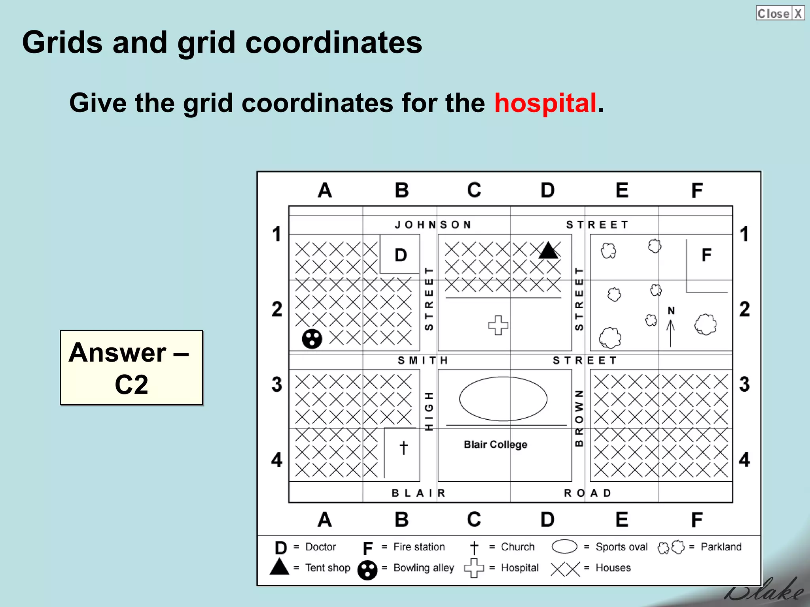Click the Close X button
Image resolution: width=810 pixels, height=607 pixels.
click(x=780, y=13)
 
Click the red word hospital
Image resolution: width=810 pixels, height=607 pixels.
click(x=545, y=103)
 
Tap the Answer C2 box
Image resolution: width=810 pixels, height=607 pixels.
click(x=131, y=368)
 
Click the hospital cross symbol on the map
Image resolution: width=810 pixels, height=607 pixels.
click(x=498, y=325)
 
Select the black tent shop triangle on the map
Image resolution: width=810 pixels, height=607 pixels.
click(x=548, y=251)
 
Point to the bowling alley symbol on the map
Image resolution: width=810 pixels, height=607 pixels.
click(x=312, y=339)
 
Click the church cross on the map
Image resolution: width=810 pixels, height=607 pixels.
click(x=403, y=448)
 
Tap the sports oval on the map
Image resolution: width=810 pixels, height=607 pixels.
click(x=503, y=399)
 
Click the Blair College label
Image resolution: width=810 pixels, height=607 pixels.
click(x=495, y=445)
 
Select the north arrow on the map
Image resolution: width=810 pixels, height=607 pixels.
click(x=670, y=328)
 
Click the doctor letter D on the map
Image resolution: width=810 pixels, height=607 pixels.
click(x=401, y=255)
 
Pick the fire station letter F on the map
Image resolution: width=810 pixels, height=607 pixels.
click(x=706, y=255)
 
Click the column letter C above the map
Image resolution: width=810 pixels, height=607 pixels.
click(x=474, y=190)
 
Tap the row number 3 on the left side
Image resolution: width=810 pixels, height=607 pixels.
click(x=277, y=385)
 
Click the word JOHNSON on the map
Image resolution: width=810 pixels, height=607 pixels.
click(x=433, y=225)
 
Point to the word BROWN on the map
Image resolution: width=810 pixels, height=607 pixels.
click(x=579, y=418)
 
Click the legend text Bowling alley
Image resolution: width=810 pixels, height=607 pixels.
click(x=424, y=568)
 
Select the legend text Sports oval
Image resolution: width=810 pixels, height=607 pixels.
click(x=621, y=547)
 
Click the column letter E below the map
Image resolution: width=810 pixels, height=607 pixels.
click(x=622, y=519)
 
